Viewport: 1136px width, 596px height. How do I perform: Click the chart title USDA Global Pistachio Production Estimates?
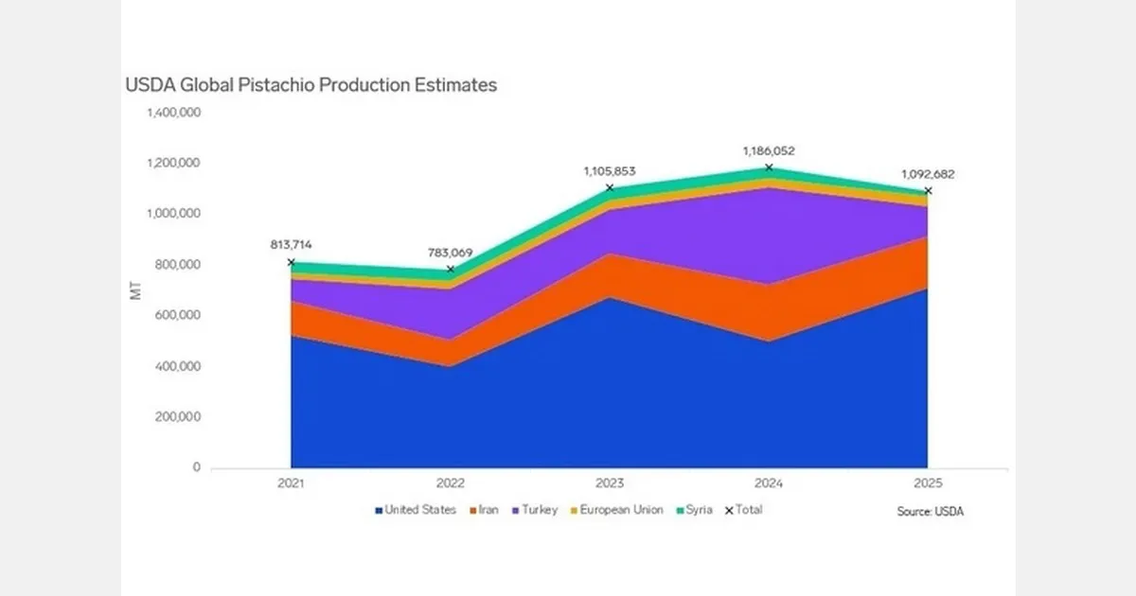click(311, 85)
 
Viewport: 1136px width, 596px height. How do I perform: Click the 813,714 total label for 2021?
click(291, 243)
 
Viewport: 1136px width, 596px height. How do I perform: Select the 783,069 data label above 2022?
click(450, 253)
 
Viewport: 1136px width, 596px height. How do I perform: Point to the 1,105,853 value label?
click(609, 171)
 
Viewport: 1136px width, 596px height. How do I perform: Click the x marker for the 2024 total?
click(769, 167)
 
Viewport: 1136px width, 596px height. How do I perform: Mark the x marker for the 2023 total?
click(610, 188)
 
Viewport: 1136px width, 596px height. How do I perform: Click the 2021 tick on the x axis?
click(291, 483)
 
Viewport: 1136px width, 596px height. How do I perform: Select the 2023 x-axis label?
click(609, 483)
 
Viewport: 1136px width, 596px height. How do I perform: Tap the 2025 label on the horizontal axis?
click(927, 483)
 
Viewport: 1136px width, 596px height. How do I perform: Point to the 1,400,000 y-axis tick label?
click(172, 113)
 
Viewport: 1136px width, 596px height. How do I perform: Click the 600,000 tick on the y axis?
click(177, 315)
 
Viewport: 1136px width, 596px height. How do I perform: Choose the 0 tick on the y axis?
click(196, 467)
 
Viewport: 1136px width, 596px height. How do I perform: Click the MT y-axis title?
click(135, 290)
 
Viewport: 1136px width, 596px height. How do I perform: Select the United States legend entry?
click(416, 510)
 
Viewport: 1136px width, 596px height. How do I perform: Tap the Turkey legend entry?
click(536, 510)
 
